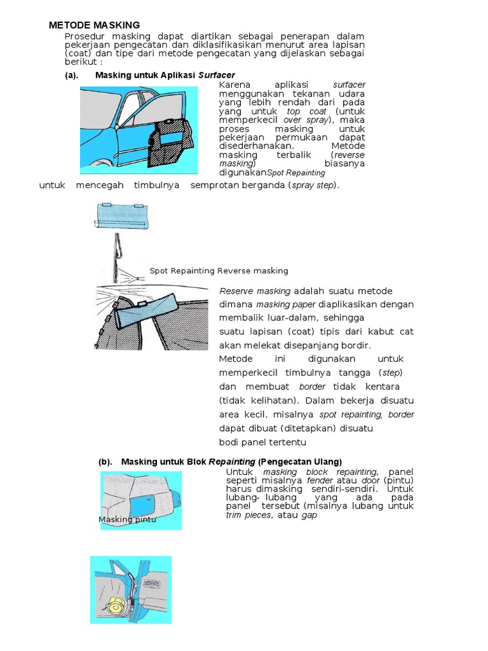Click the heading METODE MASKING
[x=95, y=25]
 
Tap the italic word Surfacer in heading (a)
[x=217, y=75]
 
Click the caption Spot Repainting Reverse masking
[x=219, y=271]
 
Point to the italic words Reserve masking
[x=255, y=291]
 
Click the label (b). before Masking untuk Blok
[x=105, y=462]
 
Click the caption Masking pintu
[x=127, y=519]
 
